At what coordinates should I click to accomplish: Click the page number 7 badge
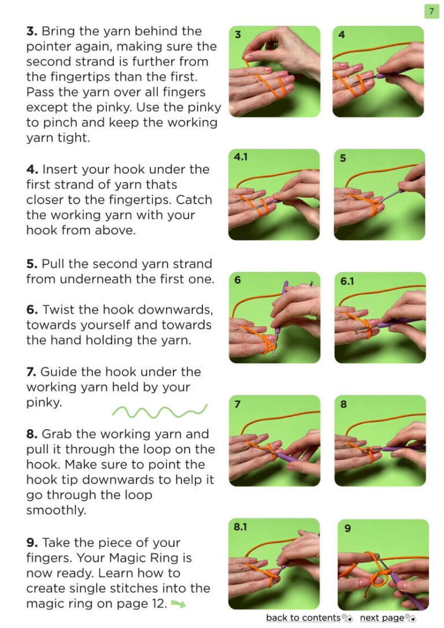(x=431, y=11)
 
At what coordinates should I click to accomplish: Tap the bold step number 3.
(x=32, y=31)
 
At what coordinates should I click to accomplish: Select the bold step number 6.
(x=32, y=309)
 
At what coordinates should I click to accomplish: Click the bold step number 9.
(x=32, y=542)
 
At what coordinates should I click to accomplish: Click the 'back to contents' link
(x=303, y=618)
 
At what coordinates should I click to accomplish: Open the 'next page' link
(x=382, y=618)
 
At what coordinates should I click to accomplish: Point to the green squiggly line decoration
(x=160, y=411)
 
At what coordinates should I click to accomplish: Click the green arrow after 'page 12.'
(x=178, y=604)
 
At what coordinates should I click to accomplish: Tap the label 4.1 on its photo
(x=240, y=157)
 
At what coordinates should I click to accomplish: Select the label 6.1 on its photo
(x=347, y=281)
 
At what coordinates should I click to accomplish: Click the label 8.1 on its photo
(x=240, y=527)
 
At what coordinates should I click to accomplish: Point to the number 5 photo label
(x=343, y=158)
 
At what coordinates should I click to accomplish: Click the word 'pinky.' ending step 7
(x=44, y=402)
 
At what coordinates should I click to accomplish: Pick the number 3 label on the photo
(x=238, y=35)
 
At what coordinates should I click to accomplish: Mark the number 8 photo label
(x=343, y=404)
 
